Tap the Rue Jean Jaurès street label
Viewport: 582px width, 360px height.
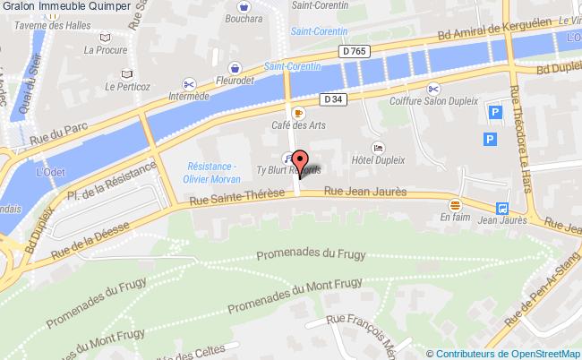pyautogui.click(x=365, y=191)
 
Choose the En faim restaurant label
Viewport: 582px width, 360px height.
pyautogui.click(x=455, y=216)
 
